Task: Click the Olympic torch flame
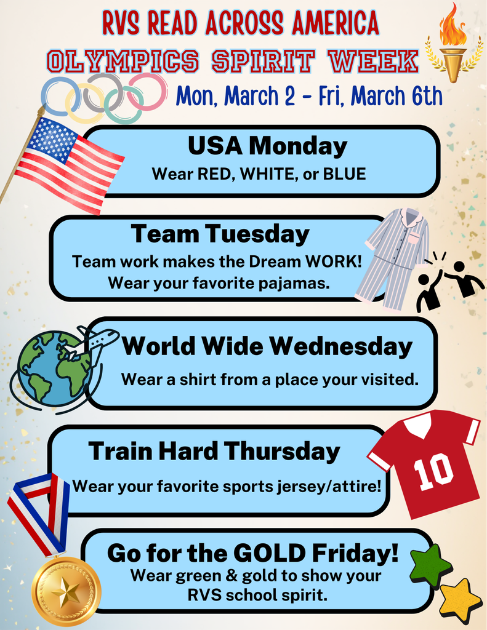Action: (452, 25)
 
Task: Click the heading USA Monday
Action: (267, 146)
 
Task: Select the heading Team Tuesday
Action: (220, 234)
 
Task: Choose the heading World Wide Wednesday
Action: (267, 347)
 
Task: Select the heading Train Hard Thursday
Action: (214, 452)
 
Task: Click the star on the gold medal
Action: (65, 592)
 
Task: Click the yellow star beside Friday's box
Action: (459, 600)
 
